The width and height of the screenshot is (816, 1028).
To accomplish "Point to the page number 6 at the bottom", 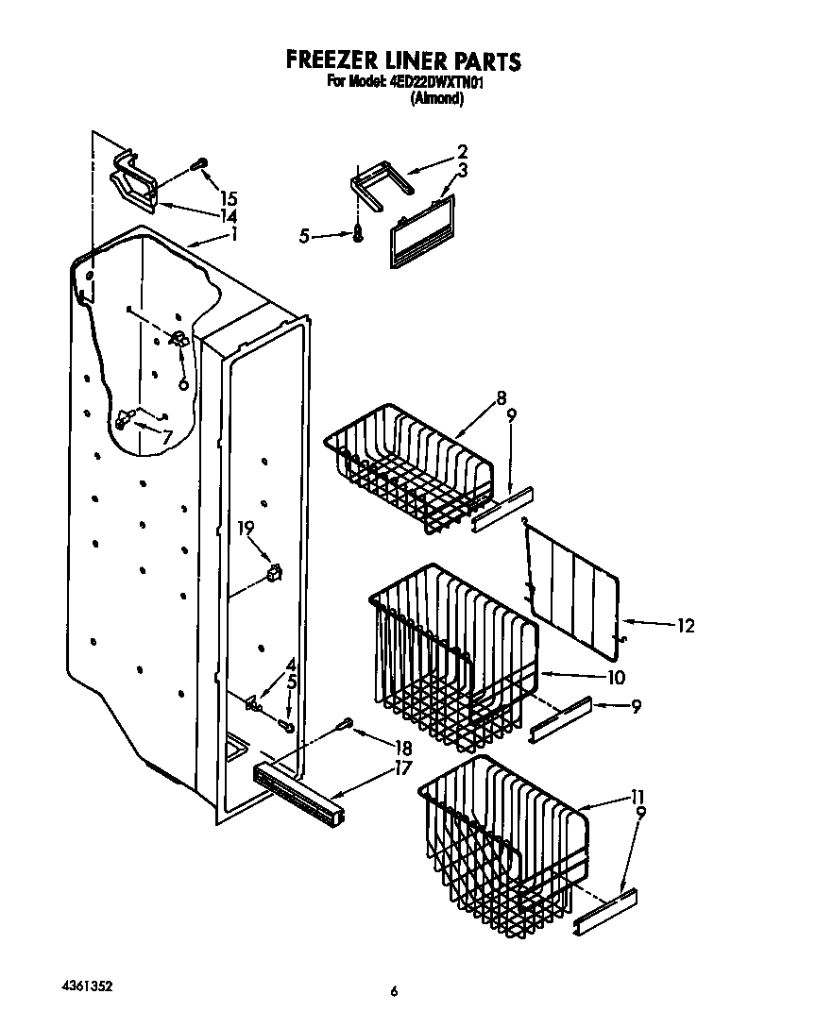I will click(x=395, y=992).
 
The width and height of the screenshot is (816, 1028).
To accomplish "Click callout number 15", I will click(x=228, y=198).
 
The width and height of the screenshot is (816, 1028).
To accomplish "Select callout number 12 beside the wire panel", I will click(x=685, y=625).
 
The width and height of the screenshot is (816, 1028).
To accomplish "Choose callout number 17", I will click(x=403, y=767).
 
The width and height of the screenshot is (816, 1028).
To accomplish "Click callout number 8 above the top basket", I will click(x=501, y=397).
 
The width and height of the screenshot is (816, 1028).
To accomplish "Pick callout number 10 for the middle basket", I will click(x=616, y=677).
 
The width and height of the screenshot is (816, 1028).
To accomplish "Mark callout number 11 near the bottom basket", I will click(x=638, y=796).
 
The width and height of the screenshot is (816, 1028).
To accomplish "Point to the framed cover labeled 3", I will click(x=421, y=231).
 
